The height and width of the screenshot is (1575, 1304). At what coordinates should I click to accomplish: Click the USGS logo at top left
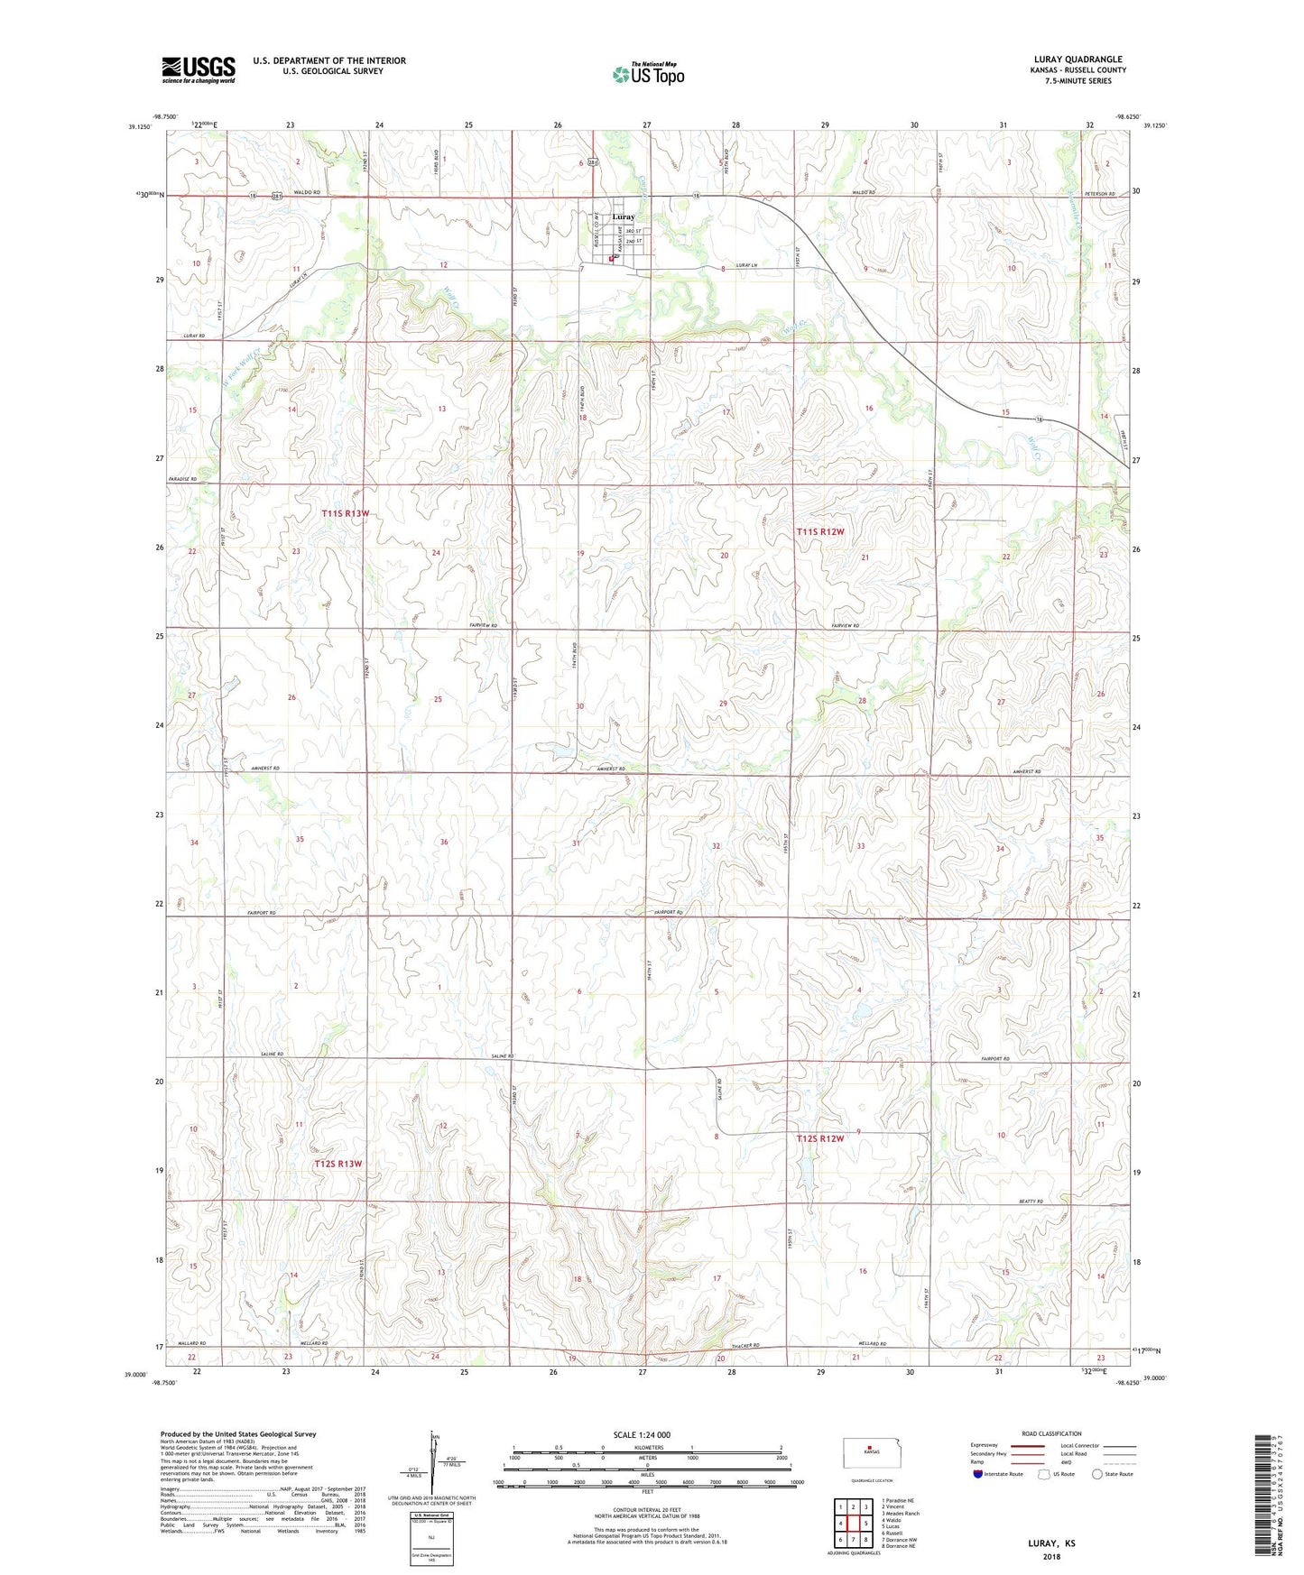click(199, 69)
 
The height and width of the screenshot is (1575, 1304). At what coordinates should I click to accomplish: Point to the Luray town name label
click(624, 216)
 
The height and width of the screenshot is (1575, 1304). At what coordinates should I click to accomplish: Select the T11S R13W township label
click(345, 513)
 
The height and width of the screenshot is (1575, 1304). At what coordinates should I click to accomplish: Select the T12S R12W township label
click(819, 1138)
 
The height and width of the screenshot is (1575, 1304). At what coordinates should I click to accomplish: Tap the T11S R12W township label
click(819, 532)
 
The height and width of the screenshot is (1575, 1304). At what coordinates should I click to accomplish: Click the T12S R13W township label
click(338, 1164)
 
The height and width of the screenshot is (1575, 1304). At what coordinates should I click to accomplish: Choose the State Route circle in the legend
click(1097, 1474)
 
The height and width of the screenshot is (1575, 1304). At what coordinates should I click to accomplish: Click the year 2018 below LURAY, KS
click(1051, 1556)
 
